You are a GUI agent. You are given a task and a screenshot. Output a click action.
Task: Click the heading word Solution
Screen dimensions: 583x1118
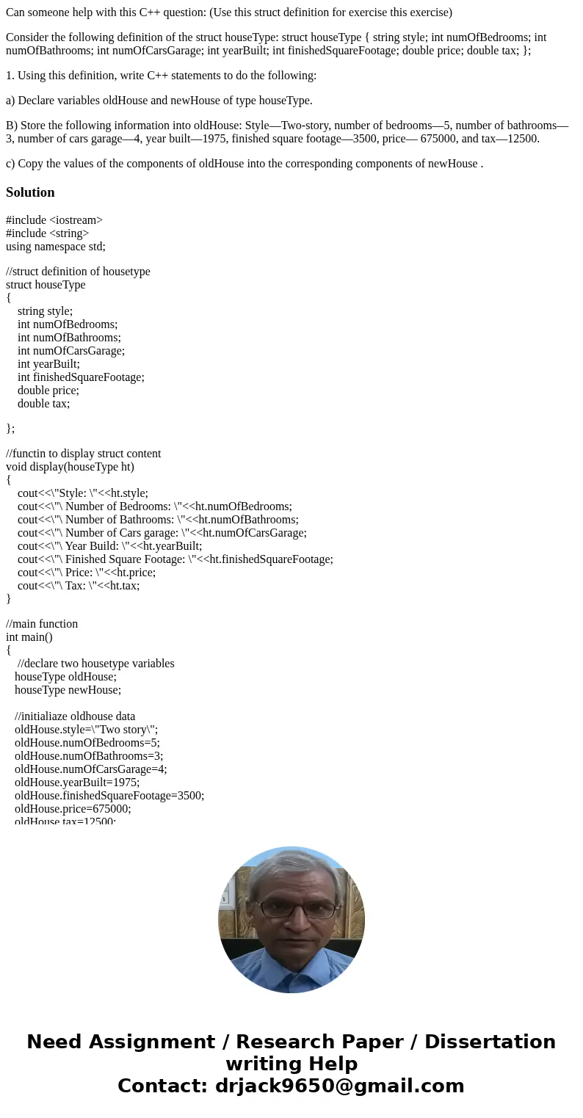tap(30, 192)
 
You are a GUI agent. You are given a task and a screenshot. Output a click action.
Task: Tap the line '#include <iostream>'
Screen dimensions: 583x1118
tap(54, 220)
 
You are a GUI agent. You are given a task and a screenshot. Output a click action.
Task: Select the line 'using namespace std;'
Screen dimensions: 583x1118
tap(56, 247)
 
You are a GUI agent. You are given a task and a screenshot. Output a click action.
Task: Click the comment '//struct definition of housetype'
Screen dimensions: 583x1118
tap(78, 272)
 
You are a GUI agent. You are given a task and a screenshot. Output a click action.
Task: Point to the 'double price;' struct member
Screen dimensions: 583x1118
tap(48, 391)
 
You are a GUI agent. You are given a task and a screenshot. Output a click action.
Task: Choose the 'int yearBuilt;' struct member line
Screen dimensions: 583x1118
tap(48, 364)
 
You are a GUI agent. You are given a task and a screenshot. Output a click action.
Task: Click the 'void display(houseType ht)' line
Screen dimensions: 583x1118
tap(70, 467)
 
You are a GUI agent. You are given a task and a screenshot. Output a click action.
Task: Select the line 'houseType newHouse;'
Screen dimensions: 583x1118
tap(68, 690)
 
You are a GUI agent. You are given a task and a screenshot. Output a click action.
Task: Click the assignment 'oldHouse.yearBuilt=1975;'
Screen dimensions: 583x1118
tap(77, 783)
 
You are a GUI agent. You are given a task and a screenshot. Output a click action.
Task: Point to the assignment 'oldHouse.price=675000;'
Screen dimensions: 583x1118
tap(73, 809)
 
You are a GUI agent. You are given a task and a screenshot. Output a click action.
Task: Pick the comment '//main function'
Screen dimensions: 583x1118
tap(42, 624)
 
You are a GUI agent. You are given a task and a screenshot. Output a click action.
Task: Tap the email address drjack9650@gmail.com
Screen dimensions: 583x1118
tap(337, 1086)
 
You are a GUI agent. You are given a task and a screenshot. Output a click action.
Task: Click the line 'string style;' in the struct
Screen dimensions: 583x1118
tap(46, 311)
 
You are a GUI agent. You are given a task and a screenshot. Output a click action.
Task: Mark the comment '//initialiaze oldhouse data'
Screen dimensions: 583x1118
tap(75, 716)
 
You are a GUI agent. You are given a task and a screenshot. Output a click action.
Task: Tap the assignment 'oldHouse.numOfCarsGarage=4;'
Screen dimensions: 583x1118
tap(91, 769)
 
